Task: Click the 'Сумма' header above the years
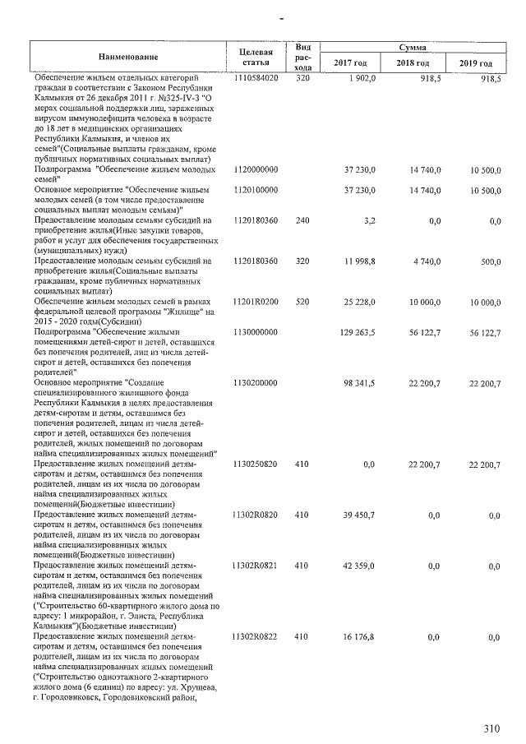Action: coord(413,49)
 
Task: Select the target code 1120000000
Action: coord(256,169)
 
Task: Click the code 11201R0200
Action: coord(256,302)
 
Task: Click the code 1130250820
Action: coord(256,464)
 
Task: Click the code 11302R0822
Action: coord(256,636)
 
